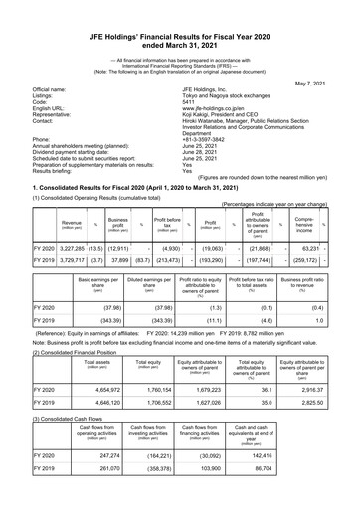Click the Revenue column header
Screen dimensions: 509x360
72,224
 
